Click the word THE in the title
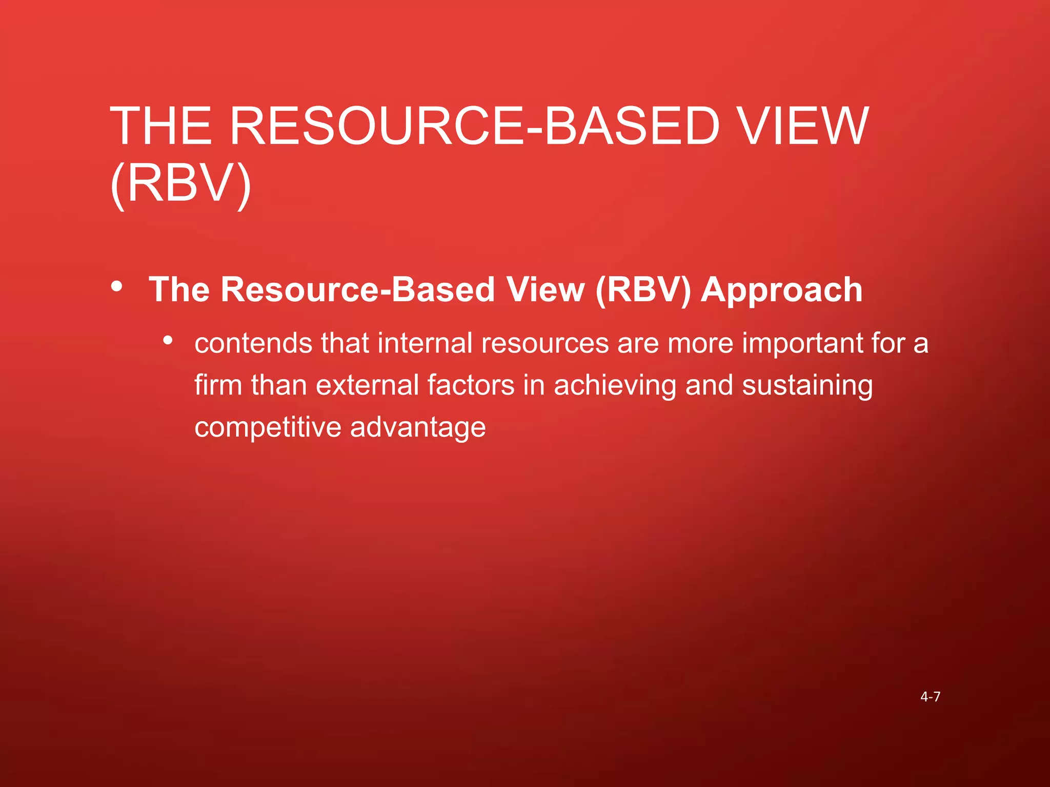(161, 126)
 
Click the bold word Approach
(781, 290)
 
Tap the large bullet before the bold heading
(117, 286)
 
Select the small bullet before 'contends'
(168, 340)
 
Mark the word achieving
(615, 386)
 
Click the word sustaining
(807, 386)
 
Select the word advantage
(418, 428)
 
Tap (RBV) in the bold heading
(643, 290)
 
